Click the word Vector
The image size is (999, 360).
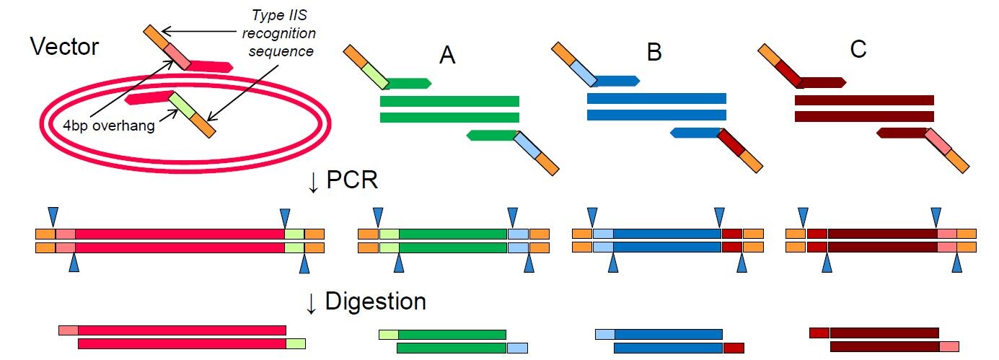point(64,47)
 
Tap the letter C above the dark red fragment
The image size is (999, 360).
point(858,51)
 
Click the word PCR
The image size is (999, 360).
point(353,180)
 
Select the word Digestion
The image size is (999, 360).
point(375,301)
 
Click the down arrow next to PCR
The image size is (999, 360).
point(312,182)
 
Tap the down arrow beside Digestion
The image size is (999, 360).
point(312,302)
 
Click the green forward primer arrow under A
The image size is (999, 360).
point(408,83)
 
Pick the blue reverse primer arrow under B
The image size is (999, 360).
point(694,133)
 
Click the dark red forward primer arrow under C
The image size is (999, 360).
point(822,82)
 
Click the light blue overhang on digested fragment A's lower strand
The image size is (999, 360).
point(517,348)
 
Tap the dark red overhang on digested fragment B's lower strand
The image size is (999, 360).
point(733,348)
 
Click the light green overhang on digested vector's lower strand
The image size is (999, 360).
point(296,343)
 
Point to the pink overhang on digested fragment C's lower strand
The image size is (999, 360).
point(949,347)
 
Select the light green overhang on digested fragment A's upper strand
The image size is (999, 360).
point(388,334)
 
